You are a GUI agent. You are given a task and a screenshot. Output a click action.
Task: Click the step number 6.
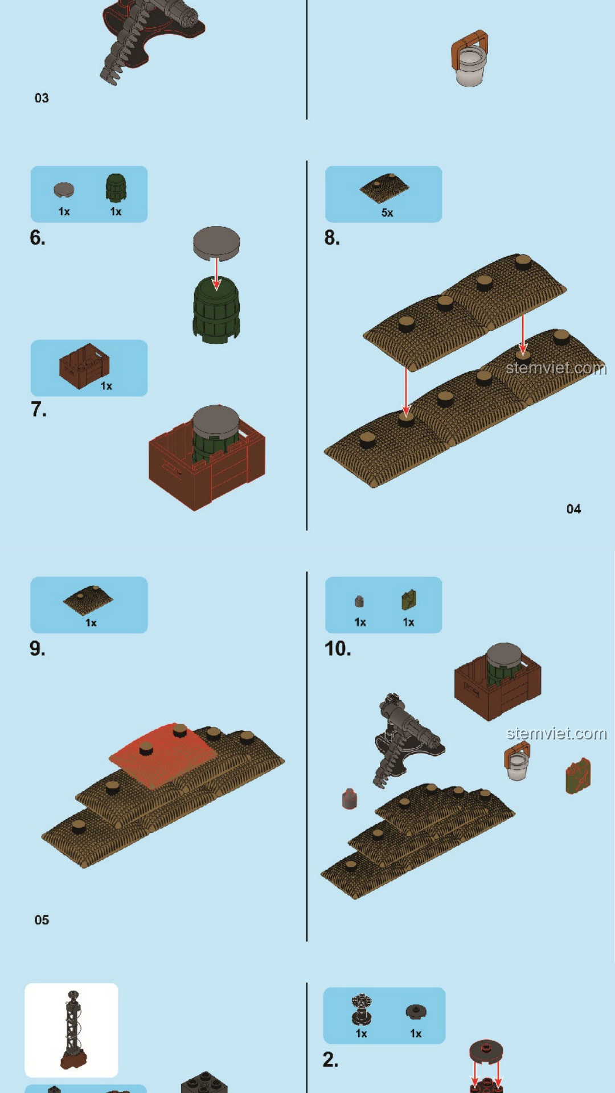click(38, 238)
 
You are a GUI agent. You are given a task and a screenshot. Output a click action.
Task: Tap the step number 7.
click(38, 409)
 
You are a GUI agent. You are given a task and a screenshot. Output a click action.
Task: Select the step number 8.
click(332, 238)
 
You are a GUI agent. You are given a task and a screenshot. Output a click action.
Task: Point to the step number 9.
click(38, 648)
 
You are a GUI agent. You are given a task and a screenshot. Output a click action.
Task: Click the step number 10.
click(338, 648)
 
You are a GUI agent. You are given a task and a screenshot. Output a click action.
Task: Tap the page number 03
click(42, 98)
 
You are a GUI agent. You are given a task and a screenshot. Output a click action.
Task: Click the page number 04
click(573, 509)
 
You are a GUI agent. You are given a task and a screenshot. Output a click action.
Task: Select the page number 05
click(42, 920)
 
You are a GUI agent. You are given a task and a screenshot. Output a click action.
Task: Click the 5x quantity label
click(387, 213)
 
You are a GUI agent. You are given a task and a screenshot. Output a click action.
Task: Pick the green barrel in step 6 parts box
click(116, 188)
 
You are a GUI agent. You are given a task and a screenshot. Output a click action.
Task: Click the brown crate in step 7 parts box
click(84, 366)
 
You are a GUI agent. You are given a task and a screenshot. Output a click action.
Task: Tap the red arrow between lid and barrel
click(216, 274)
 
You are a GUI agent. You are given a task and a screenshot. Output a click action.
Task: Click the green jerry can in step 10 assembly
click(578, 776)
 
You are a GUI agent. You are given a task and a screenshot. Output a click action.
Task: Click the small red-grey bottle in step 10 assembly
click(350, 799)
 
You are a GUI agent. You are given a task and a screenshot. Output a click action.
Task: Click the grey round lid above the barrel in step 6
click(216, 243)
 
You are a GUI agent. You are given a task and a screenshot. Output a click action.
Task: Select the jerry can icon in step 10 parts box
click(409, 600)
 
